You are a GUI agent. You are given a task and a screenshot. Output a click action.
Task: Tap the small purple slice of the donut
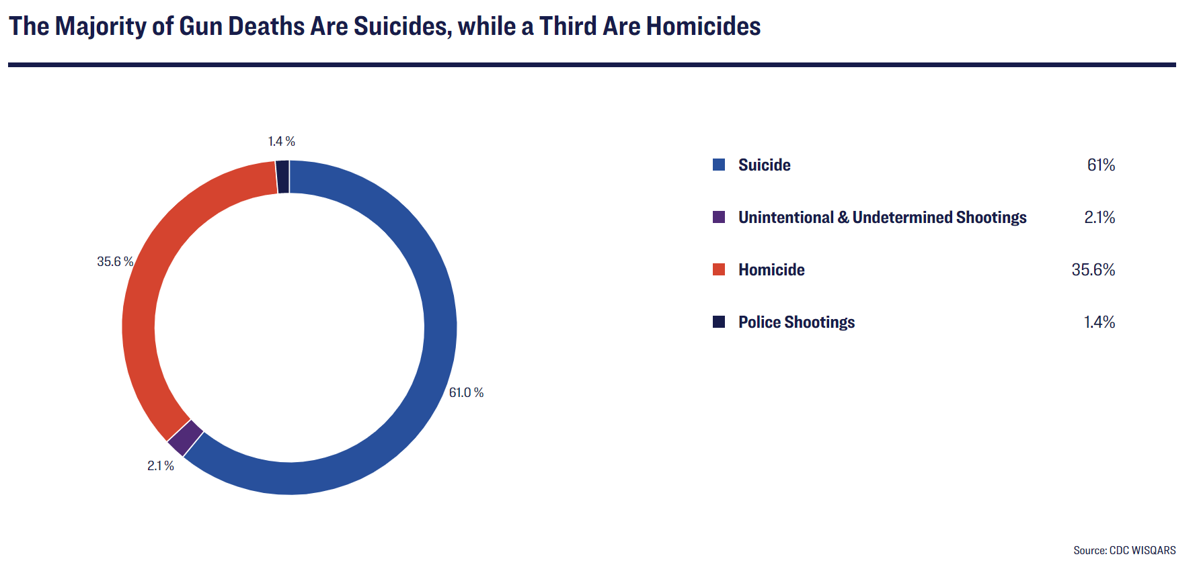(x=185, y=438)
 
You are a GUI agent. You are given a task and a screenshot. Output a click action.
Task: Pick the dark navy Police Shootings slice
(x=282, y=177)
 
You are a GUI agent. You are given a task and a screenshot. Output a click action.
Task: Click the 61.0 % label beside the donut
(x=466, y=392)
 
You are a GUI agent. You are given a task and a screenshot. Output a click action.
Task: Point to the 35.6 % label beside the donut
(x=115, y=261)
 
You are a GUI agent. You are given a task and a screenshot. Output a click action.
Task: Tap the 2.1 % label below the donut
(x=161, y=465)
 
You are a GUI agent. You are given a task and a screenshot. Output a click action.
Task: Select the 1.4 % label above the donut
(x=281, y=141)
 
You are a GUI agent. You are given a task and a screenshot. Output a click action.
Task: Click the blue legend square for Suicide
(x=719, y=165)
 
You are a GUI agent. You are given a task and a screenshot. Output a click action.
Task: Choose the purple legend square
(x=719, y=217)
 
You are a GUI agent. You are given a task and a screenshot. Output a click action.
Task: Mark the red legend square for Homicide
(x=719, y=269)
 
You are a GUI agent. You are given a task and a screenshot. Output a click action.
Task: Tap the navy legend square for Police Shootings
(x=719, y=322)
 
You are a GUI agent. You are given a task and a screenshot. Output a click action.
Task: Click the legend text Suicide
(x=764, y=165)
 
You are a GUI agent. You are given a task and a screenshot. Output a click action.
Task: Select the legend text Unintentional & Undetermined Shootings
(x=882, y=217)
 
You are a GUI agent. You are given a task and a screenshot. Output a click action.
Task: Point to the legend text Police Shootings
(x=796, y=322)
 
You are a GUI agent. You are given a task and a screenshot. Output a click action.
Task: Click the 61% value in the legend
(x=1101, y=165)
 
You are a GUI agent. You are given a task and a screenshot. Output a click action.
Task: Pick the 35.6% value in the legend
(x=1093, y=269)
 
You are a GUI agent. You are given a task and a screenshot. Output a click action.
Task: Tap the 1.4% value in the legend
(x=1099, y=322)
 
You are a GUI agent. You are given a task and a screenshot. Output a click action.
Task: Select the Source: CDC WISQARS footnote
(x=1124, y=550)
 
